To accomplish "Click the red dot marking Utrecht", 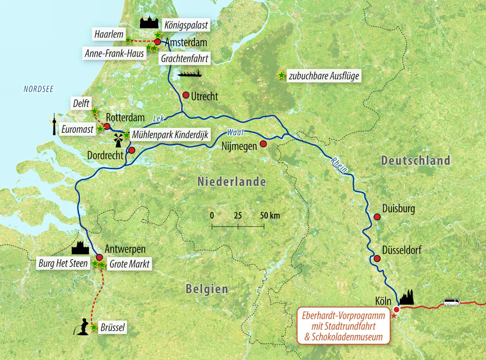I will [x=186, y=95].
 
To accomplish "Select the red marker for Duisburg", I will [x=377, y=217].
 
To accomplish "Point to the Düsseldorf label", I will [x=402, y=251].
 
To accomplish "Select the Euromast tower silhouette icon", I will [x=54, y=125].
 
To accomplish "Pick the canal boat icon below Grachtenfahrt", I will [x=190, y=74].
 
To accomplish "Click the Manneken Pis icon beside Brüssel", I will [x=84, y=326].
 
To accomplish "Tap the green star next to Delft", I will [x=95, y=111].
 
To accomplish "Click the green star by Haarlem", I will [x=128, y=41].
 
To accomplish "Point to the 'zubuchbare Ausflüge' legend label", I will [x=323, y=76].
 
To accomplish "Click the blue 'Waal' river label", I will [x=234, y=132].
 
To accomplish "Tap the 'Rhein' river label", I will [x=339, y=165].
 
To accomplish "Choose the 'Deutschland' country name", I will [x=416, y=160].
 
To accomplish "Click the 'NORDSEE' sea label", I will [x=38, y=89].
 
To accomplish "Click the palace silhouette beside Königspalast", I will [x=149, y=22].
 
